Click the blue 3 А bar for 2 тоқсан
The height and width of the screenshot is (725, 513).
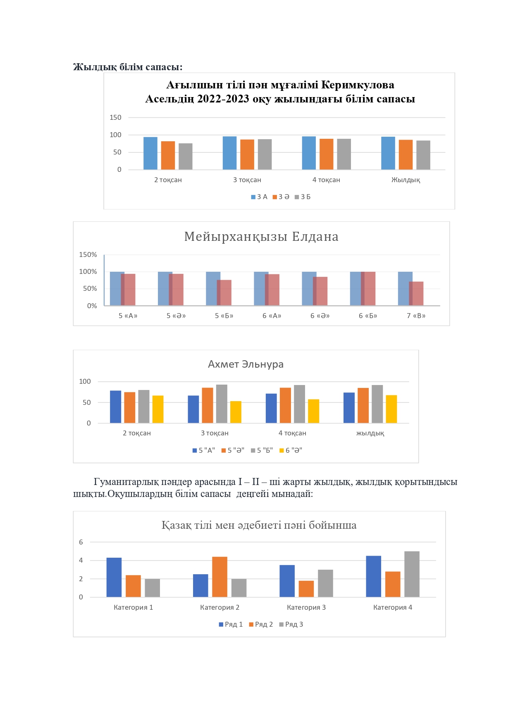point(150,153)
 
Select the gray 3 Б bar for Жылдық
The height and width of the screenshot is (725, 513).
point(423,155)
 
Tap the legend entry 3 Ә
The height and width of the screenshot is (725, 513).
point(281,197)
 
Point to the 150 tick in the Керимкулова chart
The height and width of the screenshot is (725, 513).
point(115,118)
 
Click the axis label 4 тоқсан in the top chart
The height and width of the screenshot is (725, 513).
point(326,180)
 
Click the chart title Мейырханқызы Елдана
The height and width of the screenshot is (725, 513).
point(261,237)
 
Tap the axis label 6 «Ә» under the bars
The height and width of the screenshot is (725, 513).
point(320,316)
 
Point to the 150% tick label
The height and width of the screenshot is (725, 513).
point(88,255)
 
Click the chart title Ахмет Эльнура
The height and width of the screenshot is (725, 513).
point(246,364)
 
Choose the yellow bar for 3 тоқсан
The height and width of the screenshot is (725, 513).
point(236,412)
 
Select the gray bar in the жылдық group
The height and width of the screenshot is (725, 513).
point(377,404)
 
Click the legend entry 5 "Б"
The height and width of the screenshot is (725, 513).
point(262,450)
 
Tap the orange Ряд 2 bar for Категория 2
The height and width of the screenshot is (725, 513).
point(220,577)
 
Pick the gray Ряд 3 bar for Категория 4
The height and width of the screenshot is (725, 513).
point(412,574)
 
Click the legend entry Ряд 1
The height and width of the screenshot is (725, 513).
point(231,624)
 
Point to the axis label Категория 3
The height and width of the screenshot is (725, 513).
point(306,607)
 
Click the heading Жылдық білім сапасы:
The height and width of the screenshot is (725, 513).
point(128,67)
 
